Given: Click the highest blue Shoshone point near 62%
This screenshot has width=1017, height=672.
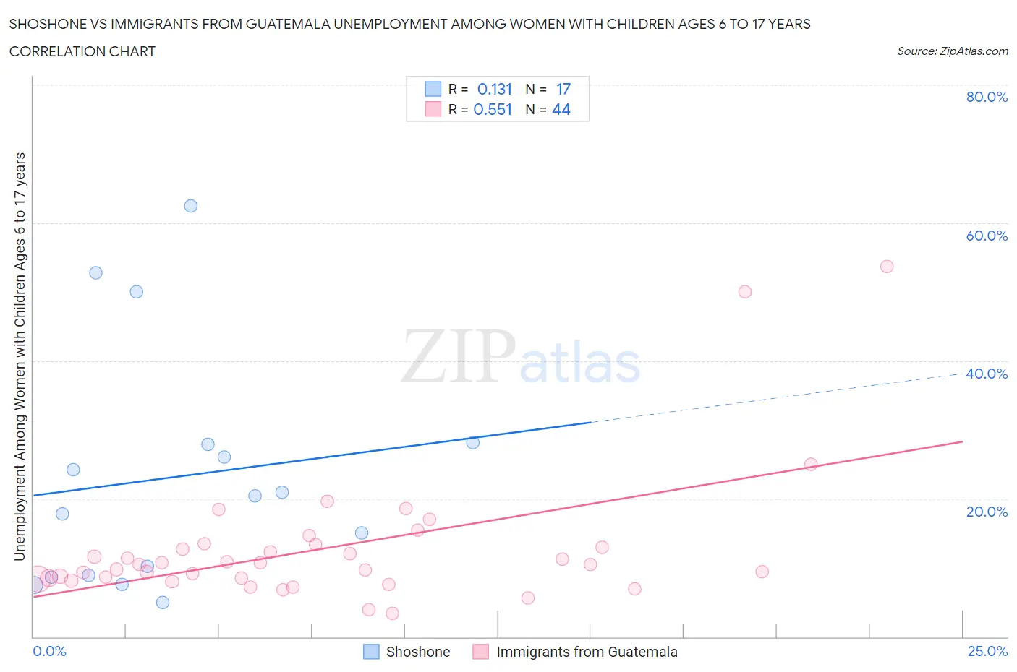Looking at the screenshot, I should point(190,206).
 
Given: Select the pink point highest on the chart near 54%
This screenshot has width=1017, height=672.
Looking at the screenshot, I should point(887,267).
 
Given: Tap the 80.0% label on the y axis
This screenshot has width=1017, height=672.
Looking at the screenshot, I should point(987,97).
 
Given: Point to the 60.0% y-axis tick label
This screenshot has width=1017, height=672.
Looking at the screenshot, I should point(987,236).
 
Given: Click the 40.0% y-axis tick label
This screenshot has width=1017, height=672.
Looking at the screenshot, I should point(987,374).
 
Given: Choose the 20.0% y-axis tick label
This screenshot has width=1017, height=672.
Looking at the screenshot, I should point(987,512).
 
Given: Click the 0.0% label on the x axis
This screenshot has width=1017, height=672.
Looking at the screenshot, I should point(49,651).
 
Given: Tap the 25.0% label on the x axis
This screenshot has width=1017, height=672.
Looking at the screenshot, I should point(987,651).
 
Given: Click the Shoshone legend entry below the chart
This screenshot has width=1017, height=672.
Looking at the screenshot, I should point(417,652).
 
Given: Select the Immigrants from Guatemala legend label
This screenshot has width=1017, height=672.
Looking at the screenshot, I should point(587,652).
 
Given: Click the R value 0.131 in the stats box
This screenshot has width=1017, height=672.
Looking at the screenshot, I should point(494,89).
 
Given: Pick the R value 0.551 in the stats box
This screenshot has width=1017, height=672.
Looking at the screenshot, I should point(493,109).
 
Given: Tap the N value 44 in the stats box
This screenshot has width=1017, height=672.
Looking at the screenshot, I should point(561,109).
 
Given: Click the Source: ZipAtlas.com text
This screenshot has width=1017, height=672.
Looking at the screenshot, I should point(952,51).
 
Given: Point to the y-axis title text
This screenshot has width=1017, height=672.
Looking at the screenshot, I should point(20,356).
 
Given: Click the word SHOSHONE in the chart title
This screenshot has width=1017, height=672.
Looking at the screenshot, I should point(46,24).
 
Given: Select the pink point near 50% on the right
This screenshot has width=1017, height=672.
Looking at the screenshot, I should point(745,292).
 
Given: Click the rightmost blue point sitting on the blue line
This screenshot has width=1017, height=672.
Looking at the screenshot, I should point(473,442).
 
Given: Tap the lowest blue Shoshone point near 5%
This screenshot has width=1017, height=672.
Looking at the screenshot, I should point(163,603).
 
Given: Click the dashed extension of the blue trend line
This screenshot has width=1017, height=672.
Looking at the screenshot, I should point(774,398).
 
